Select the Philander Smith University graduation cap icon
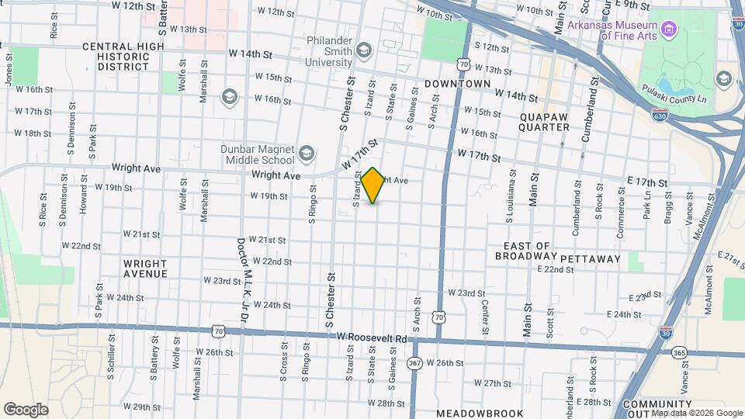click(364, 50)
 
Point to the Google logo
click(25, 410)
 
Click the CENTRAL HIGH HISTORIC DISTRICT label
click(125, 56)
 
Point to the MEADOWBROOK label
click(480, 413)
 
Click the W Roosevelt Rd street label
click(372, 338)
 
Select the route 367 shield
click(416, 362)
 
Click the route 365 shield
click(680, 352)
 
